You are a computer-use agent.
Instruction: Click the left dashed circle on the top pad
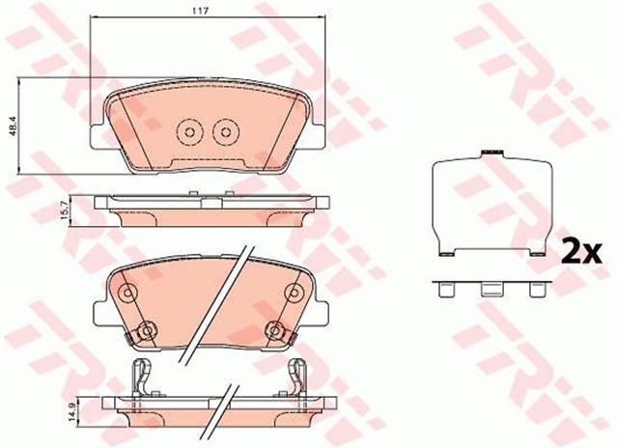tap(190, 130)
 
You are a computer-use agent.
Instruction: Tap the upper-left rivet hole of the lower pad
tap(126, 293)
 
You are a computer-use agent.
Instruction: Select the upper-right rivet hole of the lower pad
tap(293, 293)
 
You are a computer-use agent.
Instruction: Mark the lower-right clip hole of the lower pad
tap(276, 331)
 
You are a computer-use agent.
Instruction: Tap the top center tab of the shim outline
tap(493, 152)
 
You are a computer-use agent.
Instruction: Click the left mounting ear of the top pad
tap(94, 137)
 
